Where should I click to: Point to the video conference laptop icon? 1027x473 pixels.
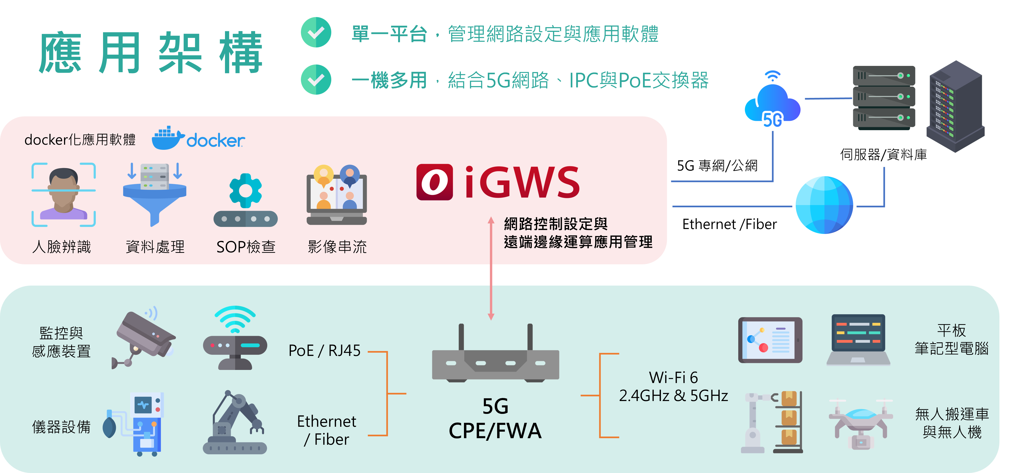point(336,195)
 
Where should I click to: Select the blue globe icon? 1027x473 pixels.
point(824,205)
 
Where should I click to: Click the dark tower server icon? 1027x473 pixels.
point(955,107)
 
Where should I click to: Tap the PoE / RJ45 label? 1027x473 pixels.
point(324,351)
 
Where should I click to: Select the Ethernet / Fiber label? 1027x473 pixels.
point(327,430)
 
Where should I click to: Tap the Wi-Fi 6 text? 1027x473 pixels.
point(673,377)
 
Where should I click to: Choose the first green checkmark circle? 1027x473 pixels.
point(316,32)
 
